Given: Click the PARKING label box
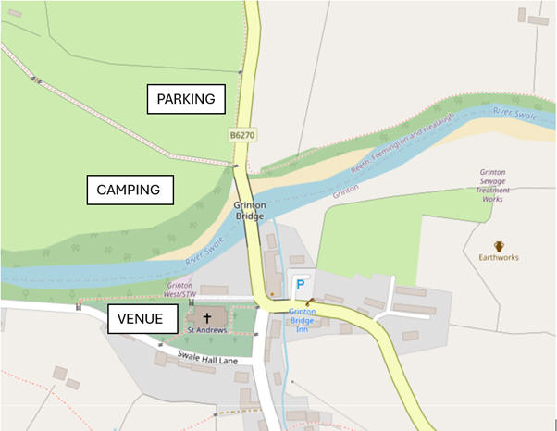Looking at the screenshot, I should tap(186, 99).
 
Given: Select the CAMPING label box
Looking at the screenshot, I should tap(129, 191).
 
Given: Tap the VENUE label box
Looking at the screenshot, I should tap(141, 319).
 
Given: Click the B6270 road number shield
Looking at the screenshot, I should tap(242, 135).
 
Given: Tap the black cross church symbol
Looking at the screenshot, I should tap(206, 316).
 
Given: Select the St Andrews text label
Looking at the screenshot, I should tap(206, 330).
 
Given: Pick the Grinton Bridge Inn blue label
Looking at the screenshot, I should tap(302, 319).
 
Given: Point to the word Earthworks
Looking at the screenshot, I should tap(499, 258).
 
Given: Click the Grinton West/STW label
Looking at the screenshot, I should tap(181, 290).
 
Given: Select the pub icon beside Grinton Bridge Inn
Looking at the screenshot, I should tap(309, 301).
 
